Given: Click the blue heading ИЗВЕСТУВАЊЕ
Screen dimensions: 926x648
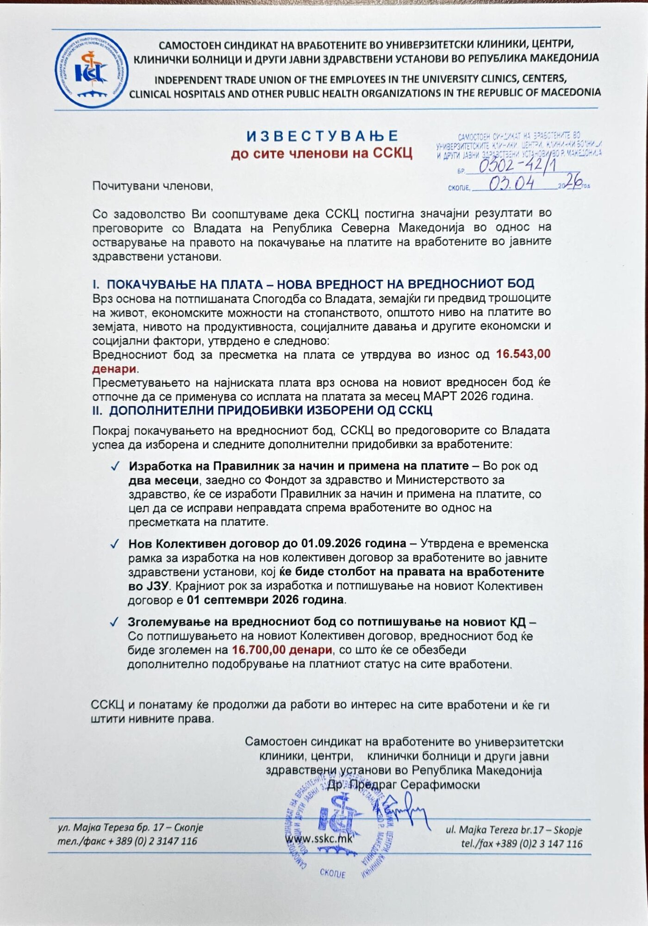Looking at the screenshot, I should pos(322,136).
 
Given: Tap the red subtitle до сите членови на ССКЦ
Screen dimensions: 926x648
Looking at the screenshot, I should pos(322,153).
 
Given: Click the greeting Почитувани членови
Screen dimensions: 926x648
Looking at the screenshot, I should pos(153,186).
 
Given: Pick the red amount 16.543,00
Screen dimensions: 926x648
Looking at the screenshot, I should pos(523,354).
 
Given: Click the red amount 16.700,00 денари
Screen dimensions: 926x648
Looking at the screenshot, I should pos(282,650).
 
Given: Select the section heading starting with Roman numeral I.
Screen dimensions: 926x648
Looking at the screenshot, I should pos(313,284).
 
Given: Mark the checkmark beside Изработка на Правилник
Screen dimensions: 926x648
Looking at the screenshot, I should pos(115,466).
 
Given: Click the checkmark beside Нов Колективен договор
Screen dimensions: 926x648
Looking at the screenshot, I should pos(115,544).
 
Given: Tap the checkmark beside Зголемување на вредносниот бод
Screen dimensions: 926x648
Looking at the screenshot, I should pos(115,622).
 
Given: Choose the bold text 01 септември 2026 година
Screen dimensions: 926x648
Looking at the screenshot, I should pos(266,600).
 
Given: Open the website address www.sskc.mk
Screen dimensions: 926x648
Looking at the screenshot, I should pos(319,838).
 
